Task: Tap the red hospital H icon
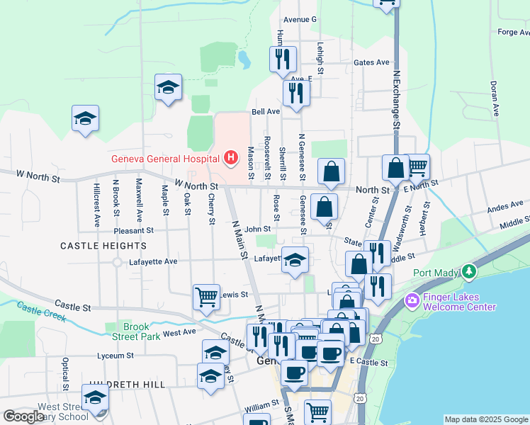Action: (230, 158)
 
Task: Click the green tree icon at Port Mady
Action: (468, 272)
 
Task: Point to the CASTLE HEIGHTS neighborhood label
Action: (103, 246)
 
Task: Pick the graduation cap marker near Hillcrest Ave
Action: (85, 118)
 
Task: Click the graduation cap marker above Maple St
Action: (168, 88)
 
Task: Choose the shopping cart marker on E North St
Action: (417, 166)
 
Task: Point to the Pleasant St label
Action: (134, 230)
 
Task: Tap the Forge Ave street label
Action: (513, 32)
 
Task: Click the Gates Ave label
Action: (372, 62)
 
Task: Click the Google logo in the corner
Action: (23, 416)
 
